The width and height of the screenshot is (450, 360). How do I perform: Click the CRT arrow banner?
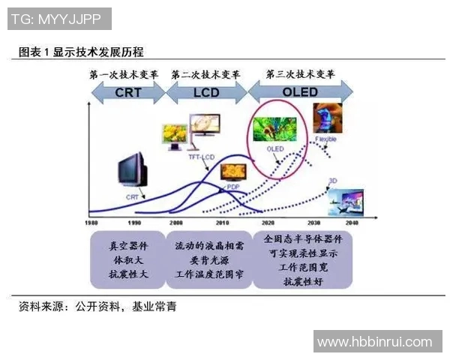(x=126, y=93)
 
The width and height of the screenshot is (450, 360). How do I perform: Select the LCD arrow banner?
(x=205, y=93)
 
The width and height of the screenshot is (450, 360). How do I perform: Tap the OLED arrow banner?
(x=300, y=92)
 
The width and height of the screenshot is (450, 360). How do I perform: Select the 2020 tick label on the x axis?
(x=267, y=223)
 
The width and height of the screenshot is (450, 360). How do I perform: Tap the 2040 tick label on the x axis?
(x=353, y=223)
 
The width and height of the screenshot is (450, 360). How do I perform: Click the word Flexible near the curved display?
(x=325, y=139)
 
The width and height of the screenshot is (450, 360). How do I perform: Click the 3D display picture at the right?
(x=346, y=201)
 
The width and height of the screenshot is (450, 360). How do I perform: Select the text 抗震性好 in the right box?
(x=302, y=282)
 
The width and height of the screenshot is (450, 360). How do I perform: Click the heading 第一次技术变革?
(x=123, y=75)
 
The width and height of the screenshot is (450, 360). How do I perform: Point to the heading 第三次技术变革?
(x=300, y=74)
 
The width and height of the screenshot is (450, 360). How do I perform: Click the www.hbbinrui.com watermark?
(x=374, y=342)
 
